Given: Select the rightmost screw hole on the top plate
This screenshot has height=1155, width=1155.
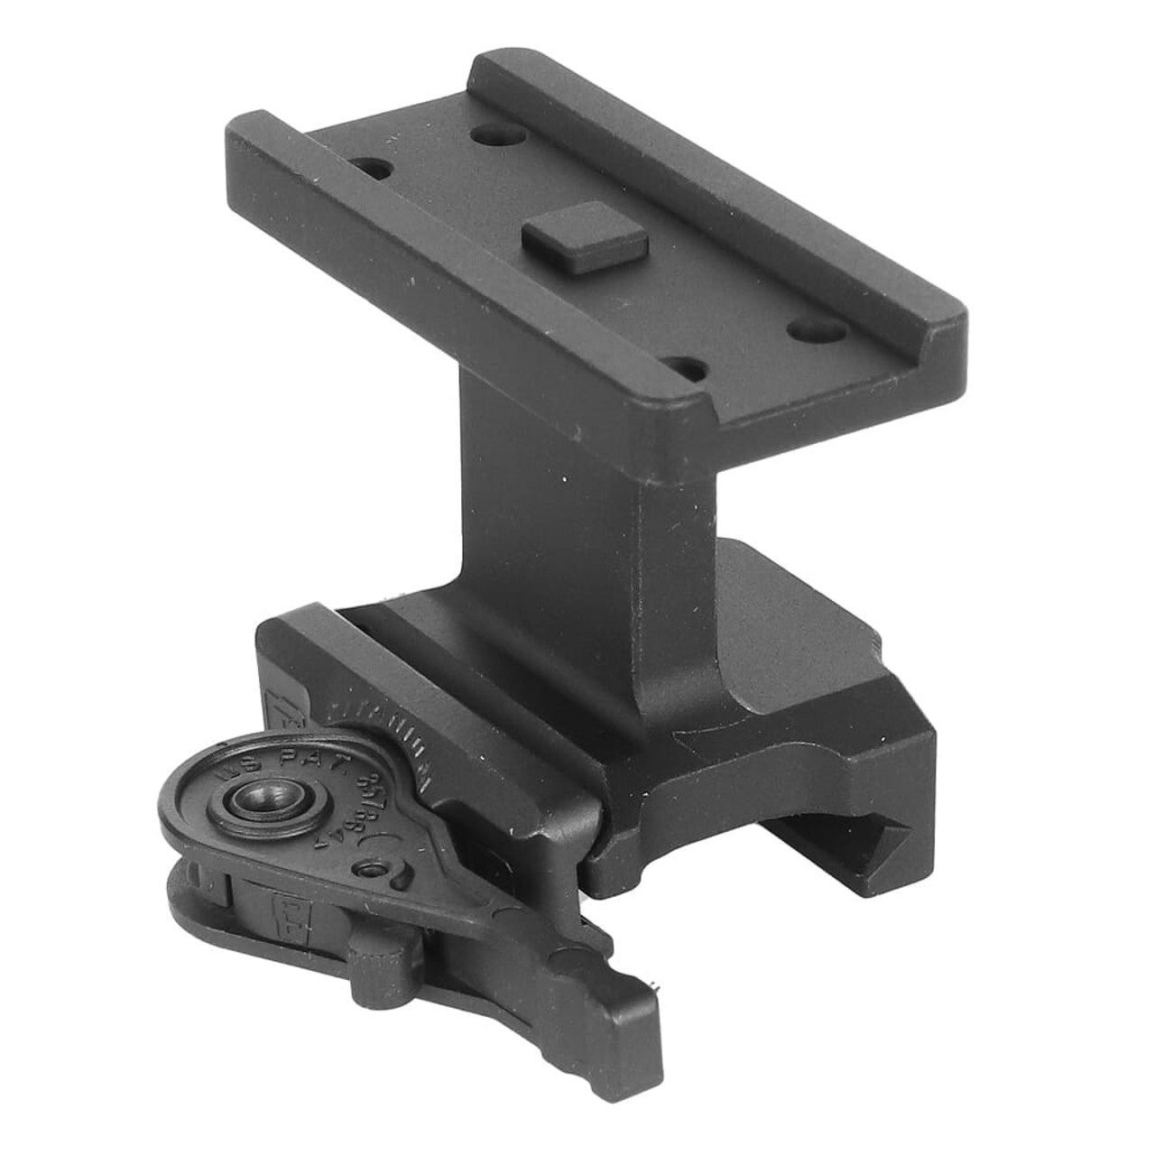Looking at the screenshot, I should (x=805, y=329).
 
